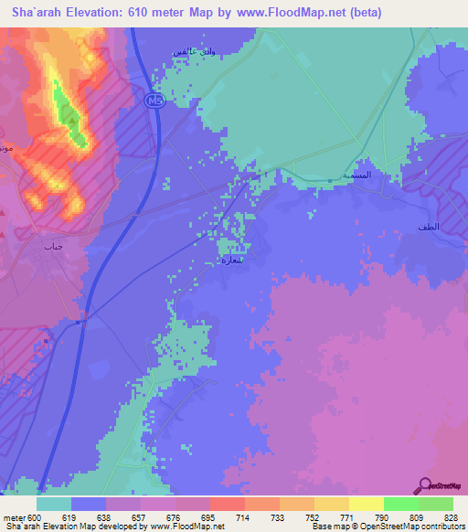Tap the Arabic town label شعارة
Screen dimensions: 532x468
click(x=233, y=260)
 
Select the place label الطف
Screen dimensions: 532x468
click(x=427, y=226)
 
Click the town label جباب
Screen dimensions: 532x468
click(x=51, y=246)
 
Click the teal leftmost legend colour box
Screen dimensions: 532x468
click(x=54, y=504)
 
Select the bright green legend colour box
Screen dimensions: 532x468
click(x=400, y=504)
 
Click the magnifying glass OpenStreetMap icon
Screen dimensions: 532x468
click(x=425, y=485)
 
